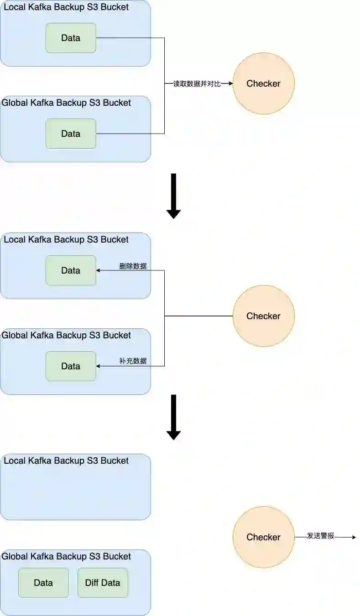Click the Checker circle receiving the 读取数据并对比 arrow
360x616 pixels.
[x=263, y=83]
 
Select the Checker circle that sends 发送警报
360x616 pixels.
[x=263, y=537]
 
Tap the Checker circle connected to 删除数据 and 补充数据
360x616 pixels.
[x=263, y=316]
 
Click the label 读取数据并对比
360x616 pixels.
[x=197, y=84]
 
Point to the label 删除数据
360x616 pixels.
[x=133, y=266]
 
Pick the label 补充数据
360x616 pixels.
[x=133, y=361]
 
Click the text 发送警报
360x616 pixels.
[x=321, y=536]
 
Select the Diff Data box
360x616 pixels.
[x=103, y=583]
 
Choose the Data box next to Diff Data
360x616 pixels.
[x=43, y=583]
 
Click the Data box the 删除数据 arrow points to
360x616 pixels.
[x=71, y=270]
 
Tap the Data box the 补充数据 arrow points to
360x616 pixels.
[x=71, y=366]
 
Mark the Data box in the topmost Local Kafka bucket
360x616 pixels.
[x=71, y=38]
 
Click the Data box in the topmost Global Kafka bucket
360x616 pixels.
[x=71, y=134]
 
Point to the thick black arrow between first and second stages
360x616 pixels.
[x=173, y=196]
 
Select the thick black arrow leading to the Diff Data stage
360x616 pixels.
[x=173, y=417]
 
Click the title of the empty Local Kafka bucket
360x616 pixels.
[x=66, y=461]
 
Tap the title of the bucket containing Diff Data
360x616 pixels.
[x=66, y=557]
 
